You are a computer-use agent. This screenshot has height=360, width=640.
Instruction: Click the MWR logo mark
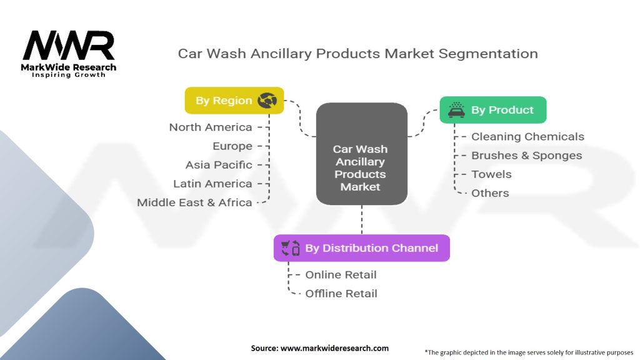click(69, 45)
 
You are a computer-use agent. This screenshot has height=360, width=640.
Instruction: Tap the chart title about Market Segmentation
click(358, 54)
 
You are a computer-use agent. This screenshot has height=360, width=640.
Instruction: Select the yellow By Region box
click(234, 101)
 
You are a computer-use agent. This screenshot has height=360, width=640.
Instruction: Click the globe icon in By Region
click(267, 101)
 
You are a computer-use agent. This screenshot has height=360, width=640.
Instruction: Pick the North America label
click(211, 127)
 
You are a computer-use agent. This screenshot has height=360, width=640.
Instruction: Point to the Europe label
click(232, 146)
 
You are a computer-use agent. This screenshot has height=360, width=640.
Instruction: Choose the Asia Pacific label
click(219, 165)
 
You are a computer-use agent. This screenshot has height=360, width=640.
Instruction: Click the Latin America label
click(212, 184)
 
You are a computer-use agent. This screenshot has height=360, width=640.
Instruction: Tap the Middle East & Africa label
click(194, 202)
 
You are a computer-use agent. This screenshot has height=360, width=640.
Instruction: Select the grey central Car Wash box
click(362, 154)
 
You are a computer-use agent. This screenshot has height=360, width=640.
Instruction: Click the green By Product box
click(493, 110)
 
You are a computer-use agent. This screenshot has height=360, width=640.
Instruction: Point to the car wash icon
click(456, 110)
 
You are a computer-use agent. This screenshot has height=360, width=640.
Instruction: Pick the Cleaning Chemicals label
click(527, 137)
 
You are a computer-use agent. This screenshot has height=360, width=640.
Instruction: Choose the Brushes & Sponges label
click(526, 156)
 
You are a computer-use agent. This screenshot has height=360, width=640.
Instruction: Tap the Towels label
click(491, 174)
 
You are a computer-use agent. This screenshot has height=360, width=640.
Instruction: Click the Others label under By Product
click(490, 193)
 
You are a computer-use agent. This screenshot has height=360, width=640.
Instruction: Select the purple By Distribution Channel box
click(362, 248)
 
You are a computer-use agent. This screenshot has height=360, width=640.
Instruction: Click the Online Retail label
click(341, 275)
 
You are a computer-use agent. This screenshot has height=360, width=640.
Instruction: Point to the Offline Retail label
click(341, 294)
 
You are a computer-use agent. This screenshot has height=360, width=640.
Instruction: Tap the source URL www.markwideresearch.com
click(335, 348)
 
